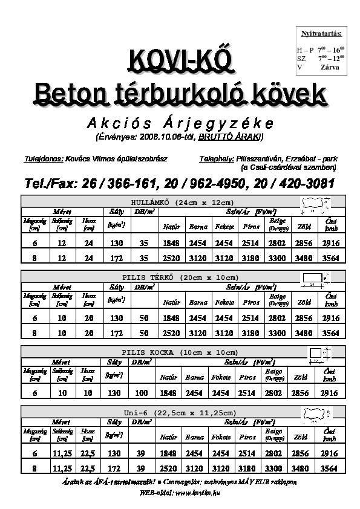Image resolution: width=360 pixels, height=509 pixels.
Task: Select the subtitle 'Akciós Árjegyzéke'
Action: click(x=179, y=123)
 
